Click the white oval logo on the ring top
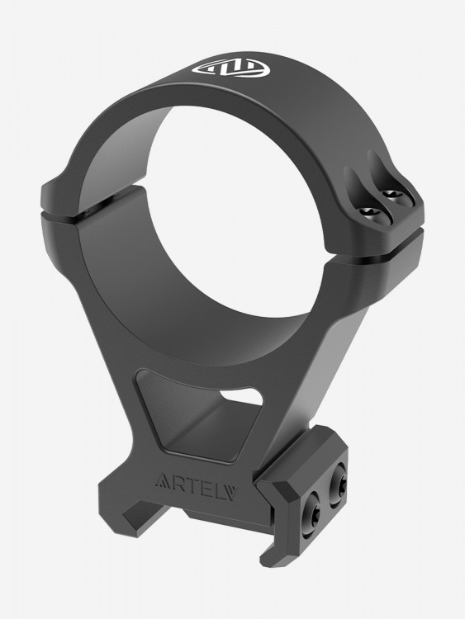[230, 69]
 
